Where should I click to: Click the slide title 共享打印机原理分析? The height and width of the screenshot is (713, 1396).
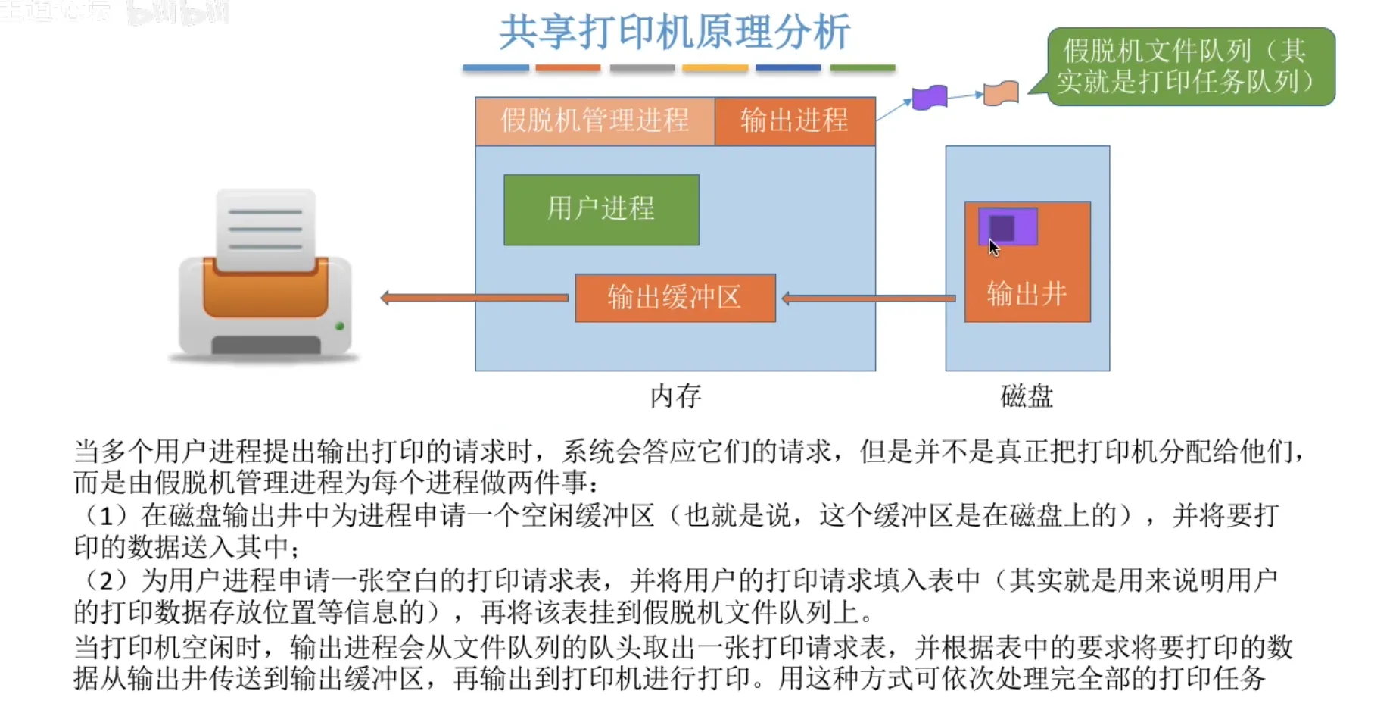point(674,33)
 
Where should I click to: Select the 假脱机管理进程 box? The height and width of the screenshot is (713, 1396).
point(594,120)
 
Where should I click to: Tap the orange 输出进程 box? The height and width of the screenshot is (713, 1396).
point(794,120)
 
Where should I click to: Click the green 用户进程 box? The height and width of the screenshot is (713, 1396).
point(601,209)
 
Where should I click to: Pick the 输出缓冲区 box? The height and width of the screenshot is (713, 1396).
point(675,298)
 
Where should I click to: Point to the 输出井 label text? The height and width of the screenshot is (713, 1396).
point(1027,293)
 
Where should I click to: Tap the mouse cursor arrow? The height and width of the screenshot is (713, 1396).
point(993,248)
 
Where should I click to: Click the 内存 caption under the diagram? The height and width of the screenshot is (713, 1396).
point(675,396)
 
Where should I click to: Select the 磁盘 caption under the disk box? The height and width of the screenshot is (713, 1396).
point(1027,396)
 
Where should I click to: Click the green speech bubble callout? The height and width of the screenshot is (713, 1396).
point(1191,67)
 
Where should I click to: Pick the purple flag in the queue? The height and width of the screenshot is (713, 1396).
point(930,98)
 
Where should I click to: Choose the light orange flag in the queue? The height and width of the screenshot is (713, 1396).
point(1001,93)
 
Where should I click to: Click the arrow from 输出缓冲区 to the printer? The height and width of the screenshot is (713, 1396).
point(475,298)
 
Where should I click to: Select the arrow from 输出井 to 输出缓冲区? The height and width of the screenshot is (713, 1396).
point(868,299)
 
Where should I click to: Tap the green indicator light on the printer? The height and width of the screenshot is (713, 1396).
point(340,326)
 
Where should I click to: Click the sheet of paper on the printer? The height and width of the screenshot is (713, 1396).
point(266,228)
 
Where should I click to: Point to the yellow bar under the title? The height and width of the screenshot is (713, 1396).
point(715,68)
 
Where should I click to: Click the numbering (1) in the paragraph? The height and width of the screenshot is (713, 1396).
point(107,516)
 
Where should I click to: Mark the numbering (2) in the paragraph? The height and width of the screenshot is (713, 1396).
point(107,581)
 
